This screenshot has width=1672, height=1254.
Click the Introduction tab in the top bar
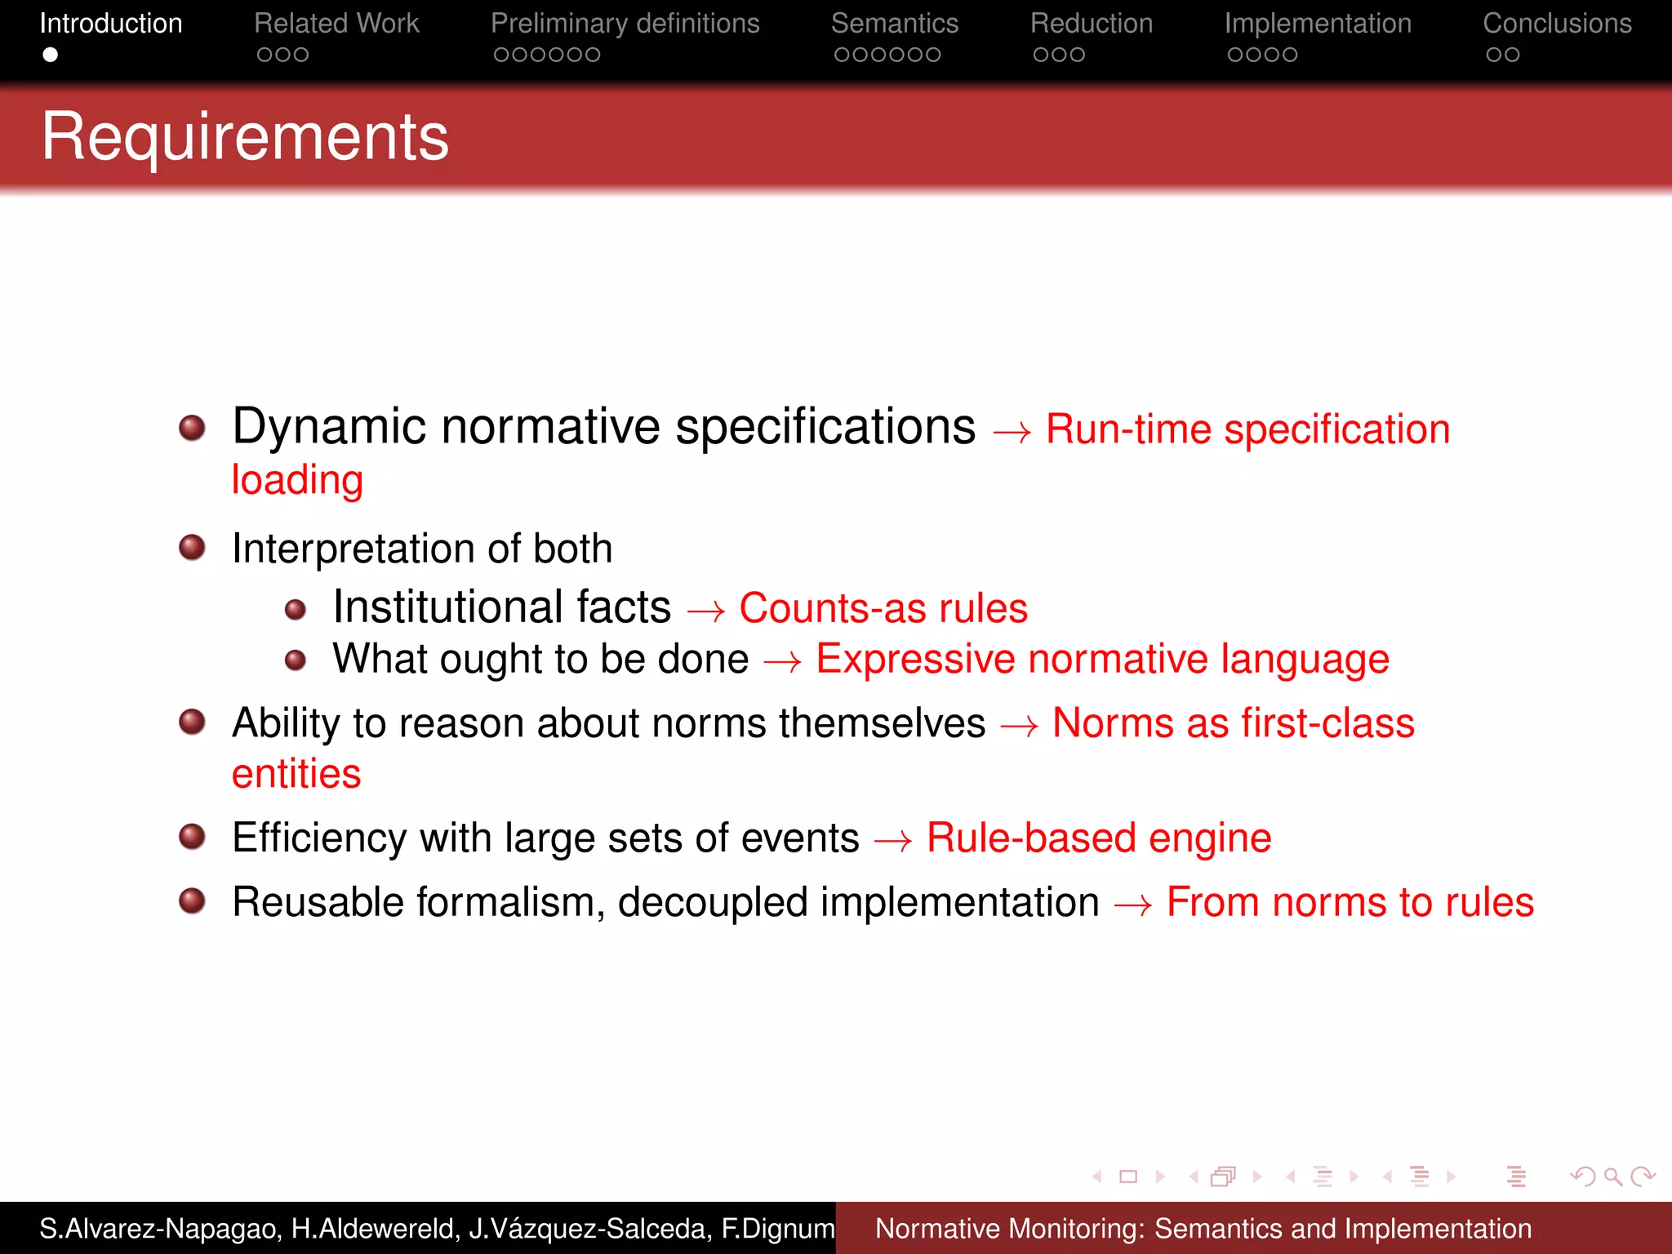[x=111, y=24]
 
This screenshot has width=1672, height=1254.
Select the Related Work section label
[x=336, y=24]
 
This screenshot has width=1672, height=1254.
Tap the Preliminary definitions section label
[x=625, y=24]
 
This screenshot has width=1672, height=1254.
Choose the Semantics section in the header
[x=894, y=24]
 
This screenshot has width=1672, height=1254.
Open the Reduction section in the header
[x=1091, y=24]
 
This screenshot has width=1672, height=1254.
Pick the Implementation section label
[x=1318, y=24]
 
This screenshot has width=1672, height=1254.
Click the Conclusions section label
[x=1557, y=24]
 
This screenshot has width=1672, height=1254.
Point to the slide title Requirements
[x=245, y=136]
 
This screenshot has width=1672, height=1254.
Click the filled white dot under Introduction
[x=51, y=55]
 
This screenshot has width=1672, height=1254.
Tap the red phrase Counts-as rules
[x=883, y=608]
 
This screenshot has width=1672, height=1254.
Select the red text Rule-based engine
[x=1099, y=838]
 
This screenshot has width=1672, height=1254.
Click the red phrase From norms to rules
[x=1350, y=903]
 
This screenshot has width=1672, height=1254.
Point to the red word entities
[x=296, y=774]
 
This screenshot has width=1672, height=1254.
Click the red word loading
[x=297, y=480]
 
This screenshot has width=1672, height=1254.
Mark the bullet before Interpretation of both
[x=192, y=547]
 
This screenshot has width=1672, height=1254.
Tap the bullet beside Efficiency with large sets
[x=192, y=837]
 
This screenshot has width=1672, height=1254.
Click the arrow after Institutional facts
[x=705, y=611]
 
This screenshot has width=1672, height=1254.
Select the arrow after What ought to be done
[x=782, y=661]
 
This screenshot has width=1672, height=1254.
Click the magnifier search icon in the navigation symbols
[x=1612, y=1176]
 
